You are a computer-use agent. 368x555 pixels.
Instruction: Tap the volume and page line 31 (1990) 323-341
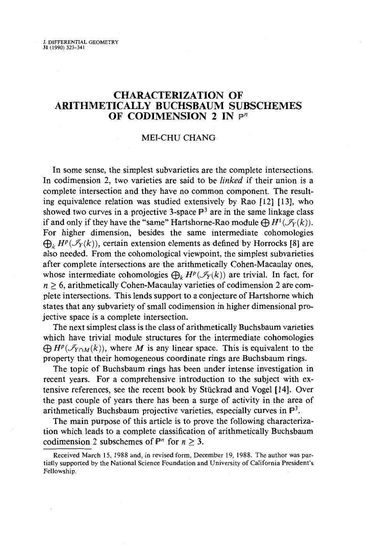64,48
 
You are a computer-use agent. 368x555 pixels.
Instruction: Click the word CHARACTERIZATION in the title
169,95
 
